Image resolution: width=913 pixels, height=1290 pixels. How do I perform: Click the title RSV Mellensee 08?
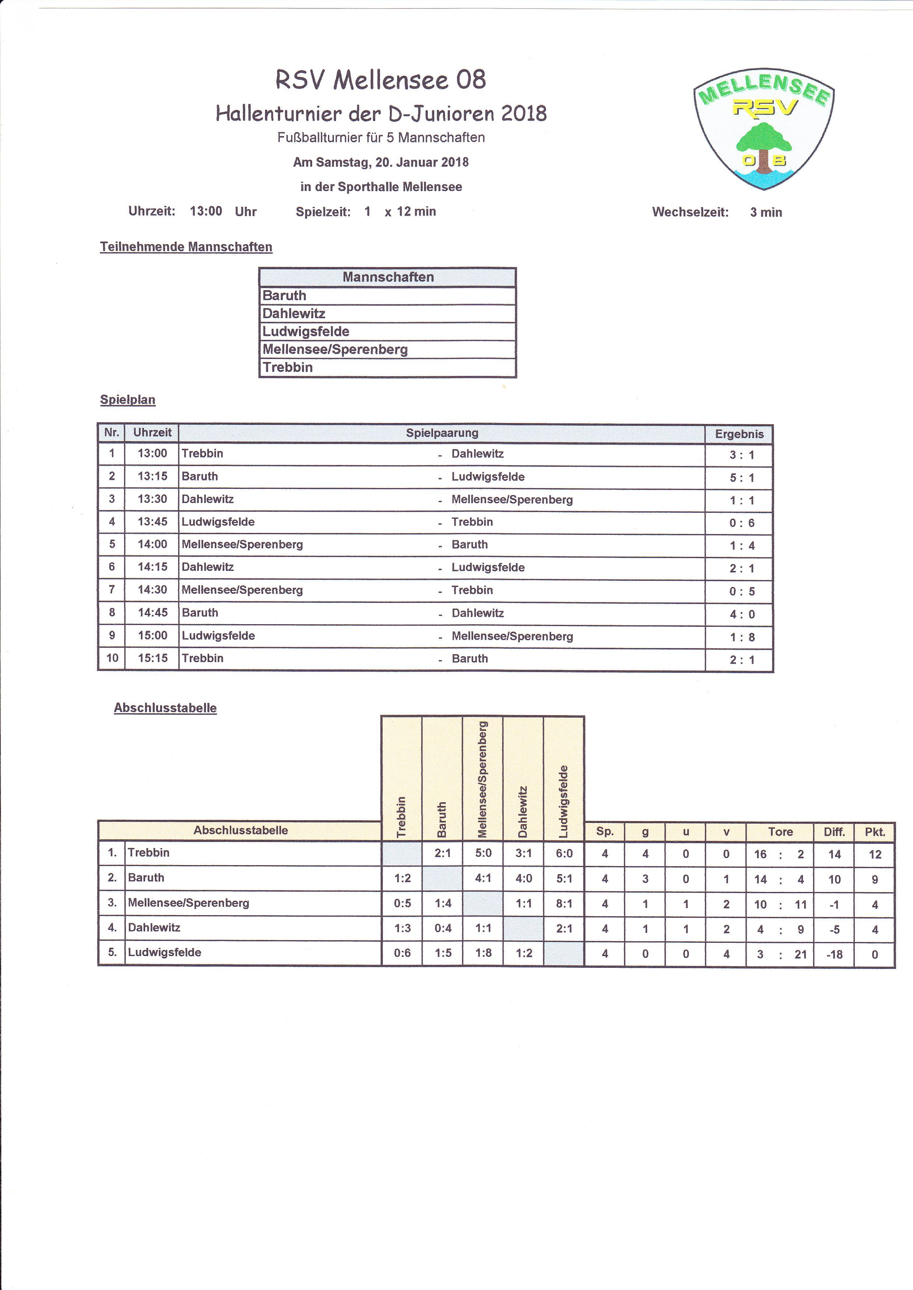pos(381,80)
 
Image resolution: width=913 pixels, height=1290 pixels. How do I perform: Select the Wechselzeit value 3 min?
pos(766,212)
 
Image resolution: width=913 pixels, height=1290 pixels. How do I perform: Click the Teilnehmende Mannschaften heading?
pos(186,247)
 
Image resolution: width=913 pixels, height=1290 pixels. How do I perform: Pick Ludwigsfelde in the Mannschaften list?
pos(306,331)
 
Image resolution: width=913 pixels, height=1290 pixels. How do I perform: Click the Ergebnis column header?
pos(739,434)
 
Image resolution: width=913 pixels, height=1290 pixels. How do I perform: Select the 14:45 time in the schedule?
pos(153,612)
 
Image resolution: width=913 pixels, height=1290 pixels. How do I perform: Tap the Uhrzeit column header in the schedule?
pos(152,433)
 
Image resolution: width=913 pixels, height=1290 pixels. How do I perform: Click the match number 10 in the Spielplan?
pos(112,658)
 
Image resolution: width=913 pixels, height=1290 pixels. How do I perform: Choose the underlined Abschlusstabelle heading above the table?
pos(165,708)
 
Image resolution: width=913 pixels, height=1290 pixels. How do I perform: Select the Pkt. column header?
pos(874,832)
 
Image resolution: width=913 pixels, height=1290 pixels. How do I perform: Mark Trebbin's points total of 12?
pos(874,854)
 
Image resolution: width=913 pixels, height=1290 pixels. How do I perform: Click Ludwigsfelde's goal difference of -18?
pos(834,954)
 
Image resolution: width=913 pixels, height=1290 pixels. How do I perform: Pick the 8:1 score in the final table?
pos(564,903)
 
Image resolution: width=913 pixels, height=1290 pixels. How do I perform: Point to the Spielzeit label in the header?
pos(323,212)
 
